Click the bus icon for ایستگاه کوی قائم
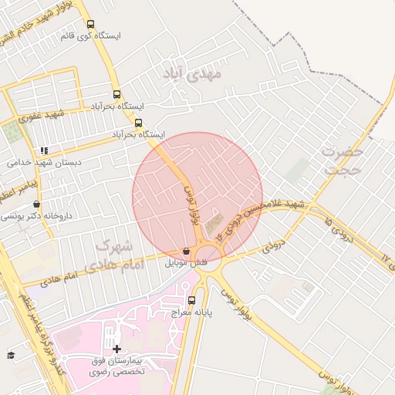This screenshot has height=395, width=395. [91, 25]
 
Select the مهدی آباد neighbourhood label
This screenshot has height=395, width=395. [192, 74]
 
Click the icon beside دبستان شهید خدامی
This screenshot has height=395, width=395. [44, 150]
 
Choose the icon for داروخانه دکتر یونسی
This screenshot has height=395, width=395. [36, 204]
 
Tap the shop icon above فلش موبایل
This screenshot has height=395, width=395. [187, 251]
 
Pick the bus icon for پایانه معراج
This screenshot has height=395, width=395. [191, 301]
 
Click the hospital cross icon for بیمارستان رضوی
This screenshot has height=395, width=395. [116, 349]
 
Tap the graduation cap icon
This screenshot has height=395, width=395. [11, 355]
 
